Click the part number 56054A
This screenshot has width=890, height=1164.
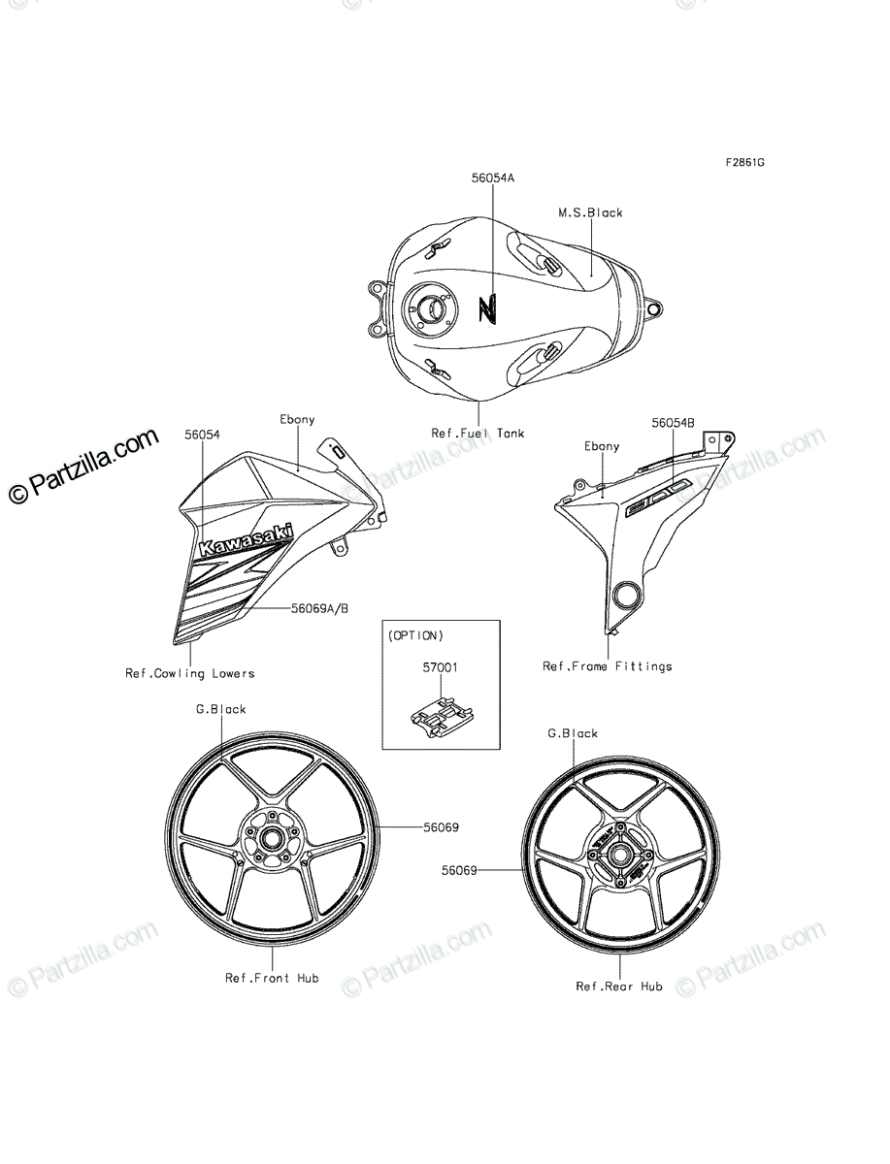pos(493,178)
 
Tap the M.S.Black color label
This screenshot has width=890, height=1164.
pos(590,212)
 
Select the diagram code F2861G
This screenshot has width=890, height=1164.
pos(745,162)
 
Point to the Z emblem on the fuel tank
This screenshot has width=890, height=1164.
pos(487,308)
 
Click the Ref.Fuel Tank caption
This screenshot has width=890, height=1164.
pos(478,434)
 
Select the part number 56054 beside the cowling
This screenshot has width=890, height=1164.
pos(202,435)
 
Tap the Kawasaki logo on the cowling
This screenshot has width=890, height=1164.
pos(247,540)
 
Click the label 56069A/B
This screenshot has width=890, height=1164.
pos(320,608)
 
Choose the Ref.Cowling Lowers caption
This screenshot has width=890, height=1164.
pos(190,673)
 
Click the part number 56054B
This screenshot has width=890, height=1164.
pos(673,423)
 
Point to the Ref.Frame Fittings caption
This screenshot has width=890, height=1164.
pos(608,666)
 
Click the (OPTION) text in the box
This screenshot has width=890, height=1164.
pos(415,635)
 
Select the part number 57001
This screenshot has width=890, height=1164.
pos(441,667)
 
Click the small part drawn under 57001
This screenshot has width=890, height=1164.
pos(442,716)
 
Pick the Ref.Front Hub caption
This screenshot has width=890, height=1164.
pos(272,978)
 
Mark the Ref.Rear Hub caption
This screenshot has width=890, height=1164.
pos(619,986)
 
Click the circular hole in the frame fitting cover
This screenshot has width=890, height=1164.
pos(626,595)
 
